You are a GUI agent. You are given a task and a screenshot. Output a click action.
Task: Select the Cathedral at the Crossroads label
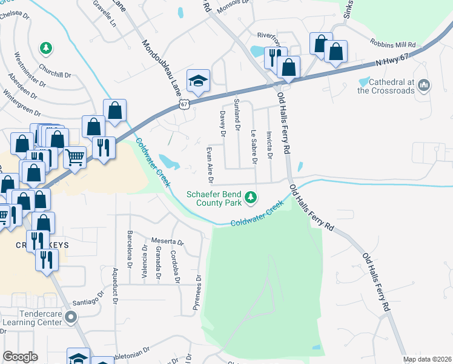point(386,86)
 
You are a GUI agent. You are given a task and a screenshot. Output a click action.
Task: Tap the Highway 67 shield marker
point(185,105)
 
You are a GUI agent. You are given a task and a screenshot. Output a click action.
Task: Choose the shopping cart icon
point(74,157)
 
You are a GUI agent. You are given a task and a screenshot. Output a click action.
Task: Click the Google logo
point(20,357)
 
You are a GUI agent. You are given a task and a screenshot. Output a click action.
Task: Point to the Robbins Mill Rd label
point(394,45)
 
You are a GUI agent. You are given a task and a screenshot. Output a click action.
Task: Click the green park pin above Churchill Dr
point(45,47)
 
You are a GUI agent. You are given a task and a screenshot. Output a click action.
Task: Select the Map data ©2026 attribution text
point(426,359)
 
